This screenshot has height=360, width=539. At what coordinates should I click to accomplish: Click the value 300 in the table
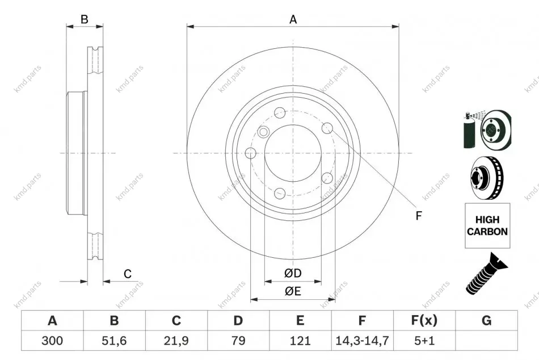coord(52,341)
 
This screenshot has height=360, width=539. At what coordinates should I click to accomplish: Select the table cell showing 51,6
coord(114,341)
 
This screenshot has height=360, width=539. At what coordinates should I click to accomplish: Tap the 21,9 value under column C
coord(176,341)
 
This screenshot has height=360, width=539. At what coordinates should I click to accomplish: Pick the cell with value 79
coord(238,341)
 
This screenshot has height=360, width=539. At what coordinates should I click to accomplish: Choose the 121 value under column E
coord(300,341)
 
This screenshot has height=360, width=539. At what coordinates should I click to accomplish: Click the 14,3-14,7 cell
coord(362,341)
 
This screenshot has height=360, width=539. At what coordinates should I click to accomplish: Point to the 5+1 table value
coord(424,341)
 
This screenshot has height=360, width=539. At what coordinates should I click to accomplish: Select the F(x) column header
coord(424,321)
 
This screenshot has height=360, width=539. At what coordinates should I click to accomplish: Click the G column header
coord(486,321)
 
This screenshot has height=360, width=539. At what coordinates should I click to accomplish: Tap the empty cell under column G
coord(486,341)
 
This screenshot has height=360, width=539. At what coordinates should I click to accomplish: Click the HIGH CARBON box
coord(487,225)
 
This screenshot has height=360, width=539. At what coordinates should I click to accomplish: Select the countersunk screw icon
coord(486,273)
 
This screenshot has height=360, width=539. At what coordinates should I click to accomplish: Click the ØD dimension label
coord(293,273)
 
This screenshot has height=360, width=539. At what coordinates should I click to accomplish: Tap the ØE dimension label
coord(293,291)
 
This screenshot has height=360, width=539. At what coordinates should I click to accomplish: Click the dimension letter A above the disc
coord(293,20)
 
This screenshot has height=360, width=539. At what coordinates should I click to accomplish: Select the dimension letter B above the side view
coord(85,20)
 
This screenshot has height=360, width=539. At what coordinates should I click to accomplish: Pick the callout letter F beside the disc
coord(418,216)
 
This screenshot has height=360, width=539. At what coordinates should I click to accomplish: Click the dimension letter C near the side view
coord(128,274)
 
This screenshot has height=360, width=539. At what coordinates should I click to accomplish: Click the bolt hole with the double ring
coord(263,132)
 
